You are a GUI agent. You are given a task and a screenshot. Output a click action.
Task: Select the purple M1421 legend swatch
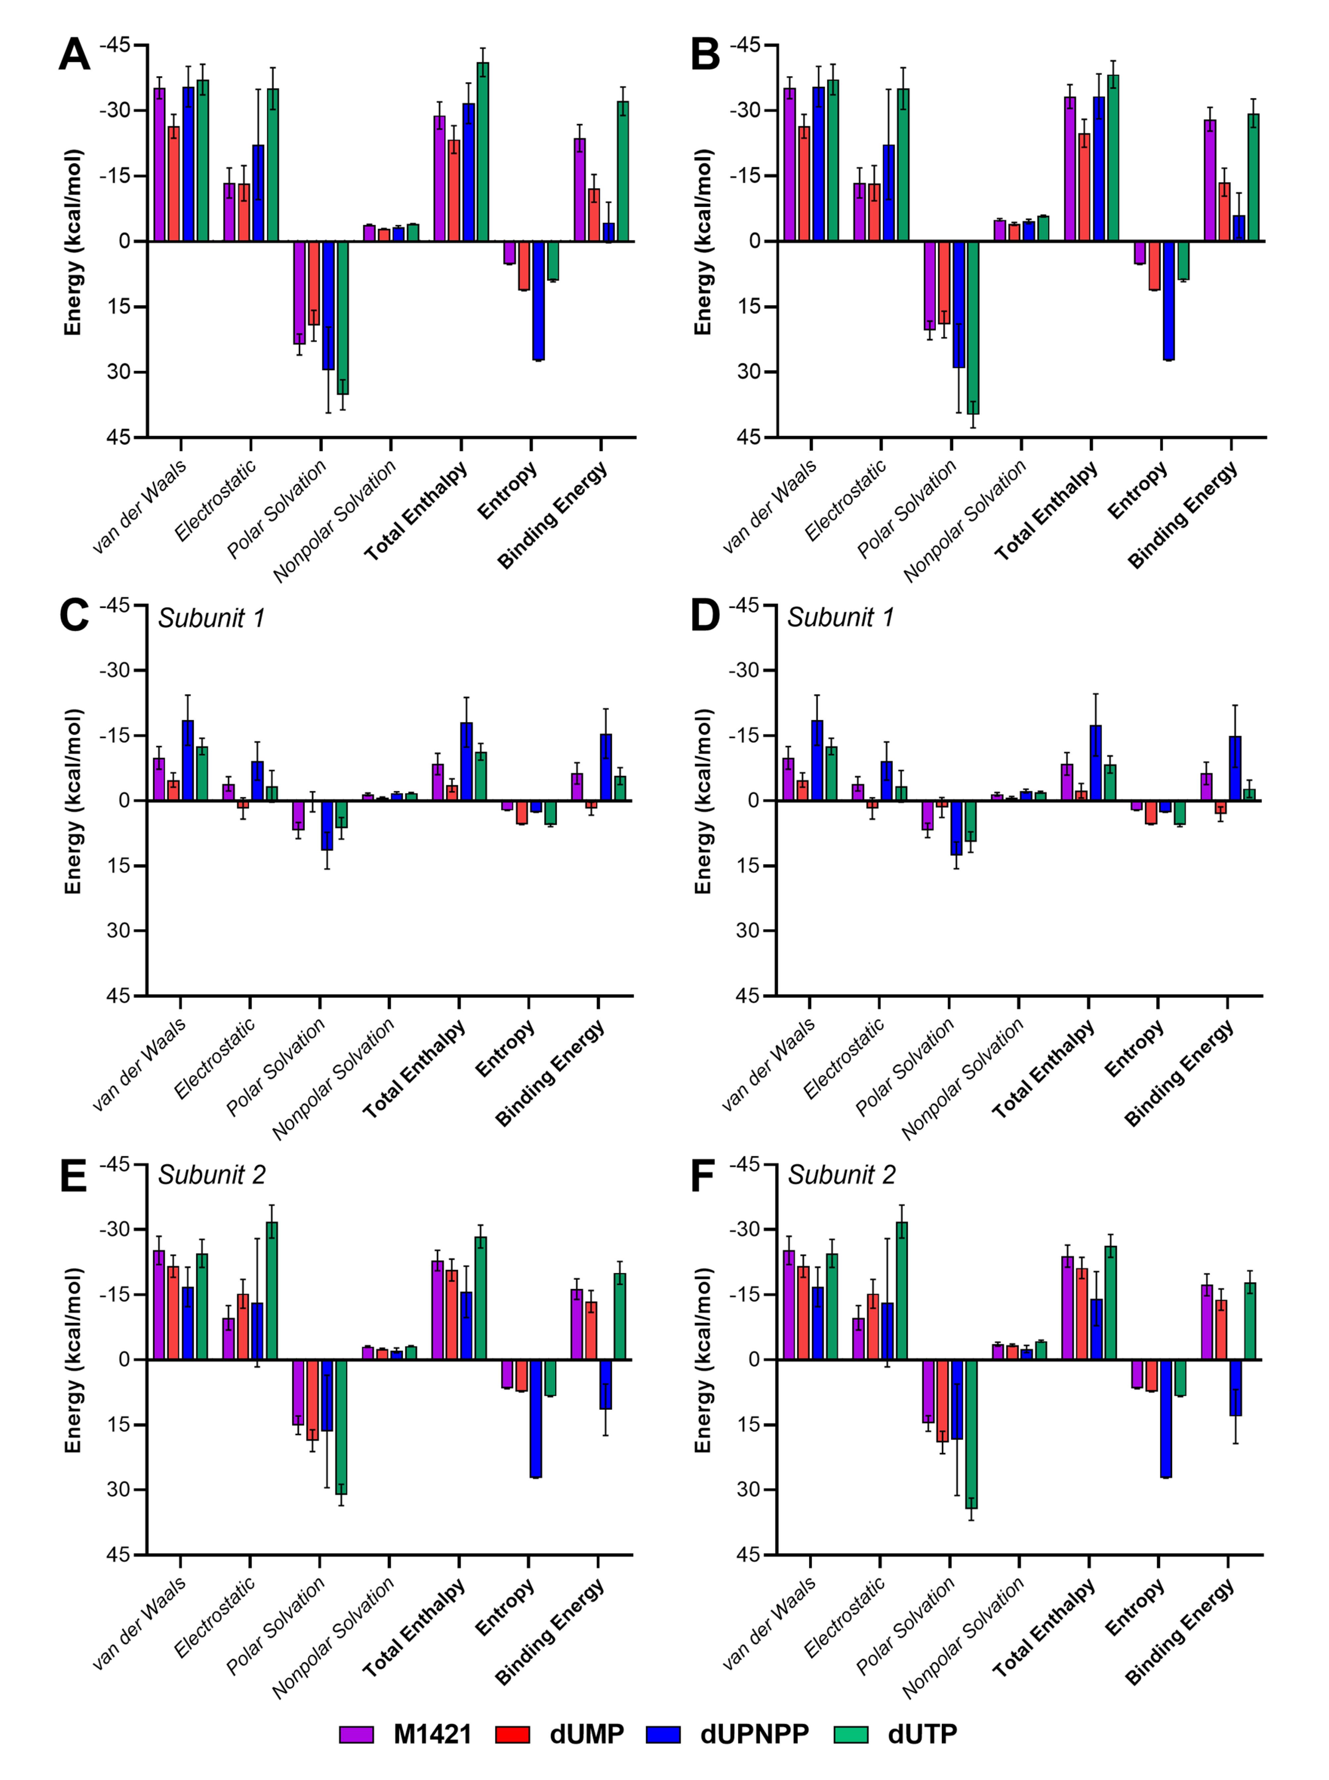(x=356, y=1734)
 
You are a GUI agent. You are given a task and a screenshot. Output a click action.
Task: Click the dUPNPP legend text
(x=755, y=1734)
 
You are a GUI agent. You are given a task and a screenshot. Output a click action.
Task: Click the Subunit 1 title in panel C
(x=211, y=618)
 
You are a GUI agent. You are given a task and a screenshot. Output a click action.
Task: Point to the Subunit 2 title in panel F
(x=842, y=1176)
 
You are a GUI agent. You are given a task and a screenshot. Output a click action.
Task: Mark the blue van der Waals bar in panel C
(x=187, y=761)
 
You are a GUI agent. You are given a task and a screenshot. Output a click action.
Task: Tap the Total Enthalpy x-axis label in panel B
(x=1046, y=512)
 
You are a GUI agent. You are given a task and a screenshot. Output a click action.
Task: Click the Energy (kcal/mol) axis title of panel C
(x=73, y=802)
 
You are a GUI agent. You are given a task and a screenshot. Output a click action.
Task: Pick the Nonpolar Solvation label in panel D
(x=963, y=1079)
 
